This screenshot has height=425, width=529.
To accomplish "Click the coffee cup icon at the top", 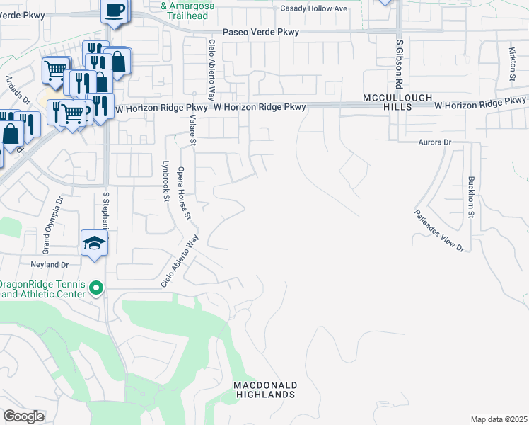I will click(115, 11).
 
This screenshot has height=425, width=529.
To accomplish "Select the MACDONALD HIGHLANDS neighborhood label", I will click(266, 390).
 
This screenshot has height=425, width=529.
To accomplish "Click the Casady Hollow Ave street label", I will click(314, 8).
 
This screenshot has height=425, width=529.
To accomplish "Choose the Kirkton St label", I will click(512, 63).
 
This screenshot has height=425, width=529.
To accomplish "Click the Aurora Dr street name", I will click(434, 142).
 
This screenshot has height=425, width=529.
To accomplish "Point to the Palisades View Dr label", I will click(439, 230).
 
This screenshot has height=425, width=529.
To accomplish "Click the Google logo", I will click(23, 416).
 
